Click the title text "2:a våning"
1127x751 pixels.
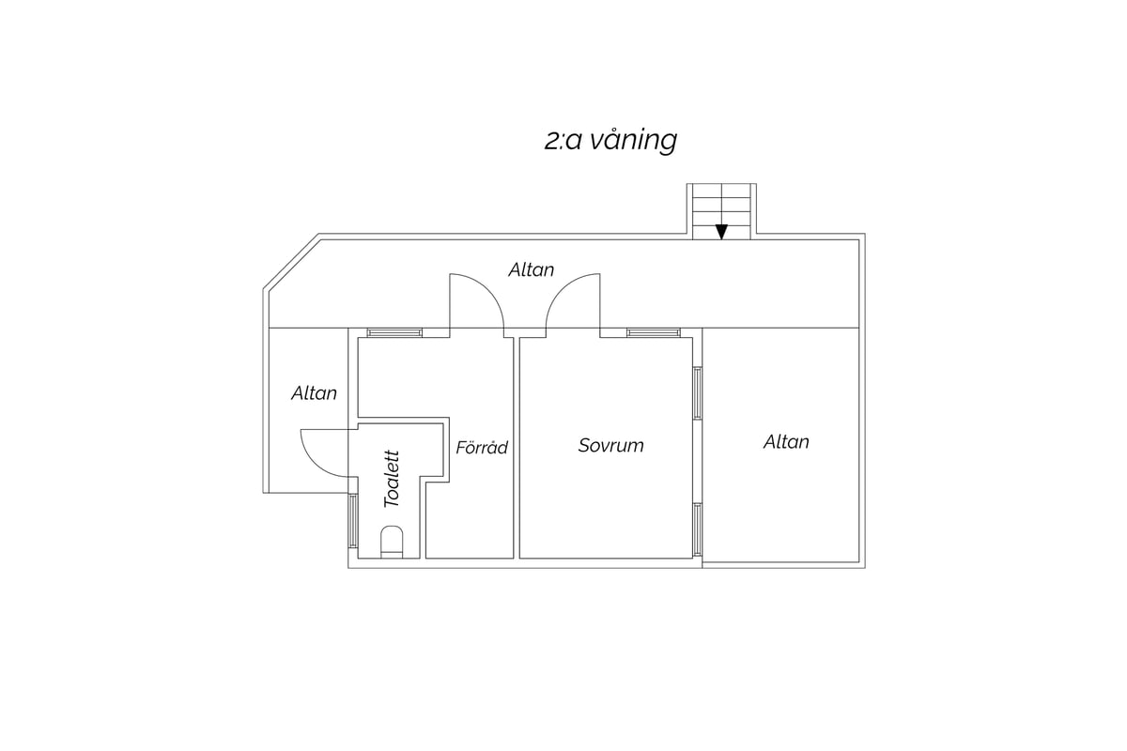pyautogui.click(x=610, y=140)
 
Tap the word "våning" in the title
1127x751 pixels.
pyautogui.click(x=634, y=142)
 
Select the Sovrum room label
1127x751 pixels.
pyautogui.click(x=610, y=445)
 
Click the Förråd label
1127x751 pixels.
pyautogui.click(x=482, y=447)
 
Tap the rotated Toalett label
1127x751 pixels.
pyautogui.click(x=392, y=479)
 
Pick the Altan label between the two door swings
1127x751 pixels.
pyautogui.click(x=532, y=270)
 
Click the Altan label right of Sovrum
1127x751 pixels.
pyautogui.click(x=786, y=442)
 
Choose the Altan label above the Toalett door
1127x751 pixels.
pyautogui.click(x=314, y=393)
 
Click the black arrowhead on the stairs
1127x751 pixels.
pyautogui.click(x=721, y=231)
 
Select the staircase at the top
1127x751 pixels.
pyautogui.click(x=721, y=211)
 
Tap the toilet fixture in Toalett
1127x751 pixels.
pyautogui.click(x=392, y=542)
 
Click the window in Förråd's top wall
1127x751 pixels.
pyautogui.click(x=394, y=332)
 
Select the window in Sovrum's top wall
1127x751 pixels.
pyautogui.click(x=654, y=332)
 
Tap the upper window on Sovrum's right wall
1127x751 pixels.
pyautogui.click(x=697, y=393)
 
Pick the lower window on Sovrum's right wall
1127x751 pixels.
pyautogui.click(x=697, y=529)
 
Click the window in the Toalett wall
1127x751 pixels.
pyautogui.click(x=353, y=521)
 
